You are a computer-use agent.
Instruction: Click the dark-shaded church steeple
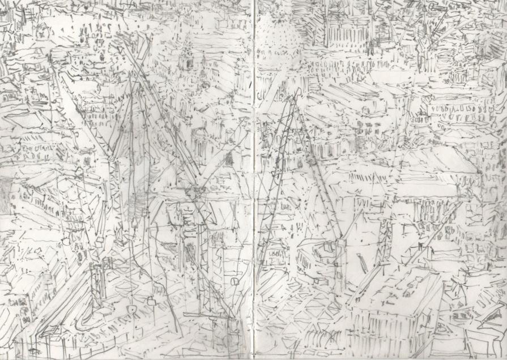click(x=185, y=57)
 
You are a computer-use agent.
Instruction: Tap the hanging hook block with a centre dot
click(x=131, y=310)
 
